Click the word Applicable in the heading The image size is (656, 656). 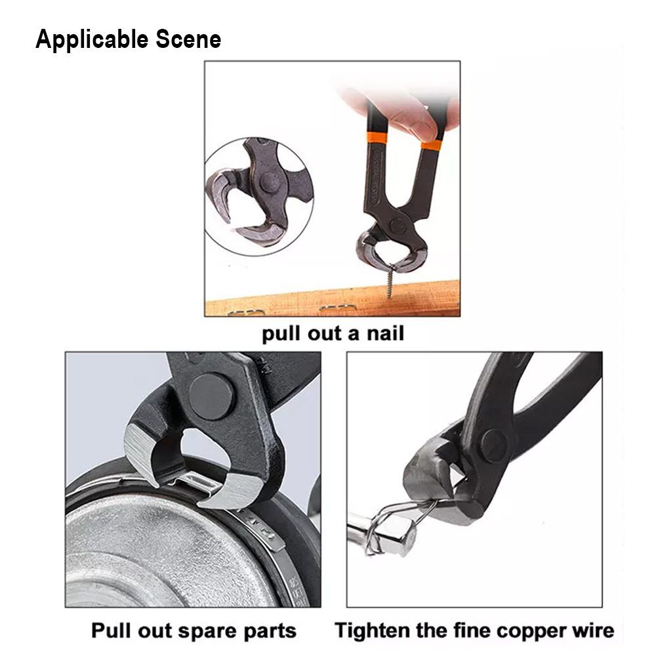tap(92, 40)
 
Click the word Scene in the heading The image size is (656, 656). tap(188, 39)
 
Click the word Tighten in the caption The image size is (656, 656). tap(372, 630)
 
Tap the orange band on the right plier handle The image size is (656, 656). tap(432, 145)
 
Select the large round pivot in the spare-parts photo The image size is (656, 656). tap(211, 396)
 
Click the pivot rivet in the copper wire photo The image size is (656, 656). tap(495, 446)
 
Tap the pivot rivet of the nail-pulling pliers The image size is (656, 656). tap(397, 226)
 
